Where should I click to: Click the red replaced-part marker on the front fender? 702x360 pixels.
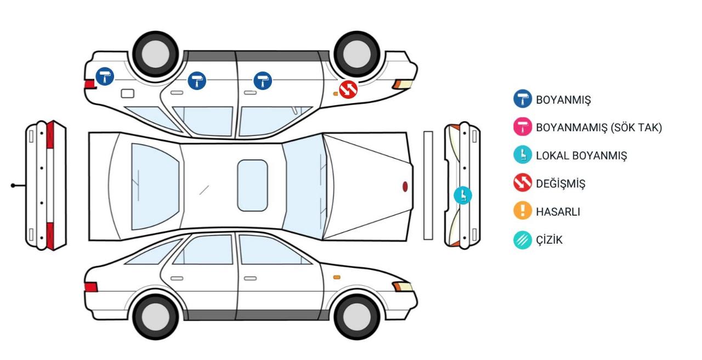(x=348, y=89)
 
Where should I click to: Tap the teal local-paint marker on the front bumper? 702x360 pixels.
(x=462, y=195)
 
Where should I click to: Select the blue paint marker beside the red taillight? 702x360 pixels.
(x=105, y=76)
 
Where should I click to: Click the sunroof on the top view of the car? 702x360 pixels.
(x=252, y=185)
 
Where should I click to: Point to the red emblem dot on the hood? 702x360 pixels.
(x=405, y=187)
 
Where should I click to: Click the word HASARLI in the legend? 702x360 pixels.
(x=558, y=212)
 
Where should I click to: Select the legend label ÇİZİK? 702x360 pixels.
(x=549, y=240)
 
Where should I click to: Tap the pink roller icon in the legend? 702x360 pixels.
(x=523, y=127)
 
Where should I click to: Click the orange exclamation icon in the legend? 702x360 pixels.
(x=523, y=210)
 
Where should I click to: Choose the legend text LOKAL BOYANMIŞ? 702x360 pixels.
(x=581, y=156)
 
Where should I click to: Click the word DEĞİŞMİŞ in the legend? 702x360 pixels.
(x=561, y=184)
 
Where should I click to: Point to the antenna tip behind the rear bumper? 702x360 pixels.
(x=13, y=185)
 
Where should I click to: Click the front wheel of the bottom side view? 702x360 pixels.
(x=356, y=317)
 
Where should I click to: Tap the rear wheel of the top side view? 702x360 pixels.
(x=155, y=54)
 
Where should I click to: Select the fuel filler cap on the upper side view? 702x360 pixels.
(x=128, y=93)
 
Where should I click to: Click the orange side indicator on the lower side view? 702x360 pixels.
(x=337, y=277)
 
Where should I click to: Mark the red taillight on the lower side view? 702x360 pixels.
(x=91, y=287)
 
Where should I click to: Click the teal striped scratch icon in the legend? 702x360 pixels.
(x=523, y=240)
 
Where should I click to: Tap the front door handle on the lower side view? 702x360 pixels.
(x=250, y=278)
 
